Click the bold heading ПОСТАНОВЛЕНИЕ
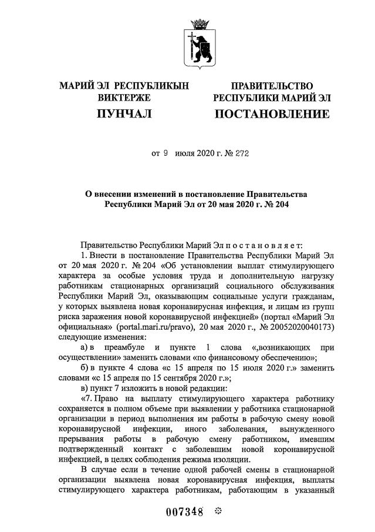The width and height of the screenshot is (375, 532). [272, 113]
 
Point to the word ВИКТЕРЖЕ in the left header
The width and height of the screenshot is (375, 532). [124, 98]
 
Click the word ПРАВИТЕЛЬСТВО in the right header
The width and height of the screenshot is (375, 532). [272, 86]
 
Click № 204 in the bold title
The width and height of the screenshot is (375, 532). [275, 205]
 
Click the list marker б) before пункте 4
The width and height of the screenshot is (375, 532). [86, 368]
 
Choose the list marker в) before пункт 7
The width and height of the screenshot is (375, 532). [86, 389]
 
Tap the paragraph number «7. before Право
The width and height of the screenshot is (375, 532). [87, 399]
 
